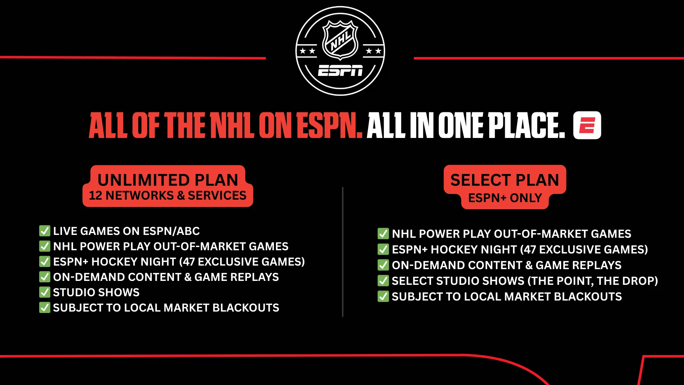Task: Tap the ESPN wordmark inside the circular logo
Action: [x=340, y=71]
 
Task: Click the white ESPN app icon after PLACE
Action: [x=587, y=125]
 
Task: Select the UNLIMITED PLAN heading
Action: [x=168, y=180]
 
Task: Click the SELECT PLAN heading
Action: [x=505, y=180]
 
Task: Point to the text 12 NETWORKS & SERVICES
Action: [x=168, y=195]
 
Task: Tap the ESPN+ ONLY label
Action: [x=505, y=198]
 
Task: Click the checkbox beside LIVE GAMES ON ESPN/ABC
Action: [x=45, y=231]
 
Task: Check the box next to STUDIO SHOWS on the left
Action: [x=45, y=292]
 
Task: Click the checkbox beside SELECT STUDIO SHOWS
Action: [x=383, y=281]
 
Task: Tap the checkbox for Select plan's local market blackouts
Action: [x=383, y=296]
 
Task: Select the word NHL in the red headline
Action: [x=232, y=125]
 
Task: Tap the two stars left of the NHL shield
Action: [x=307, y=51]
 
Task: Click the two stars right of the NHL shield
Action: [x=373, y=51]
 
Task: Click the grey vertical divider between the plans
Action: [x=342, y=252]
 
